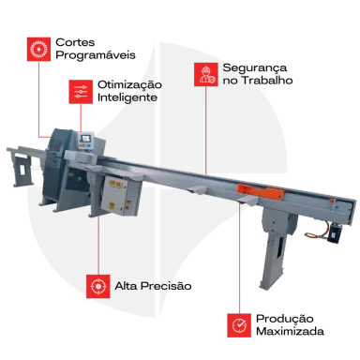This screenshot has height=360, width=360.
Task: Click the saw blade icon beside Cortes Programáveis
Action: coord(38,50)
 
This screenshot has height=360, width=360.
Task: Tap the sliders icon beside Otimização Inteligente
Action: coord(81,92)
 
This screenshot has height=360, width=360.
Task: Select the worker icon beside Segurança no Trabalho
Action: coord(206,74)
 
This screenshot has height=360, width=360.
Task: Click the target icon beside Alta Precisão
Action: coord(98,286)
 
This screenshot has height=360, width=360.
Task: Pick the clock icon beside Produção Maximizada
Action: coord(239,325)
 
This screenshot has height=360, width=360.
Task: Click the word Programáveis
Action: coord(96,55)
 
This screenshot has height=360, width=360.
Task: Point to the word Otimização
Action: coord(129,85)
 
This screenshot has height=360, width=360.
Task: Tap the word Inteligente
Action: coord(127,97)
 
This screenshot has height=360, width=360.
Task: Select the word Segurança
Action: coord(255,68)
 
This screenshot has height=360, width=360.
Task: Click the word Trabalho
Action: coord(267,81)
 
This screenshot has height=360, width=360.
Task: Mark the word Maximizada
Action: coord(290,331)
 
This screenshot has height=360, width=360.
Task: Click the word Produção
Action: coord(285,319)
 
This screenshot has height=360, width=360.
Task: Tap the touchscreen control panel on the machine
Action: coord(85,140)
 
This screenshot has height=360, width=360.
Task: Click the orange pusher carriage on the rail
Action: coord(261,191)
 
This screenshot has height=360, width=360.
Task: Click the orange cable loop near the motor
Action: coord(316,232)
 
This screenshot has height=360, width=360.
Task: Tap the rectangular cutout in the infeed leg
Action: coord(22,170)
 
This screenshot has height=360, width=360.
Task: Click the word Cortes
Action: coord(75,42)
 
